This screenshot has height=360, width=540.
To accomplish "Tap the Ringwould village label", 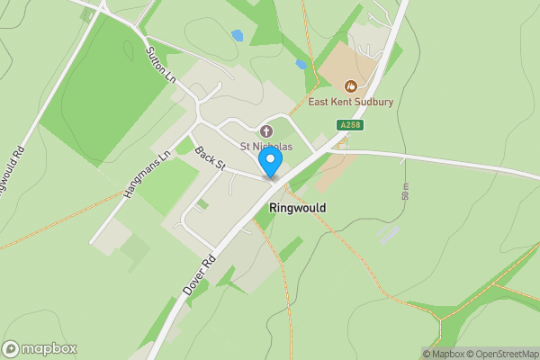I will tap(297, 207).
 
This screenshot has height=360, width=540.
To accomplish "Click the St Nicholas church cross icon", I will tap(265, 131).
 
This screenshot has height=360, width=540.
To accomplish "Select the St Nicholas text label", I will tap(266, 147).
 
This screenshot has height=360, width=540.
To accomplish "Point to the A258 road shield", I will tap(349, 125).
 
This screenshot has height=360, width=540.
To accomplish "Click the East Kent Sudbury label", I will tap(350, 102).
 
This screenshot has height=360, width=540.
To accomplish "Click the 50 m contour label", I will tap(406, 191).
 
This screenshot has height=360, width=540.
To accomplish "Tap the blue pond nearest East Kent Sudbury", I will tap(301, 65).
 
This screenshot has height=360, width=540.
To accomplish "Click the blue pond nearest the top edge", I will tap(237, 36).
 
